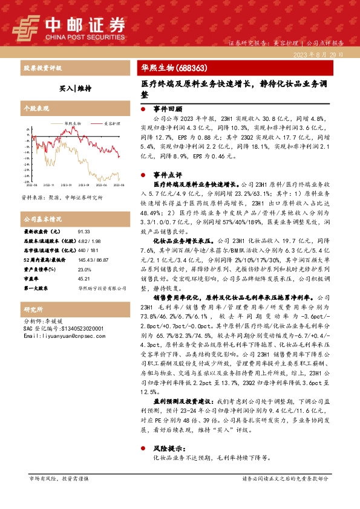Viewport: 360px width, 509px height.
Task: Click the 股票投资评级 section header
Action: coord(40,68)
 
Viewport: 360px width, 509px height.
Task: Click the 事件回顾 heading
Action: coord(168,109)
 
